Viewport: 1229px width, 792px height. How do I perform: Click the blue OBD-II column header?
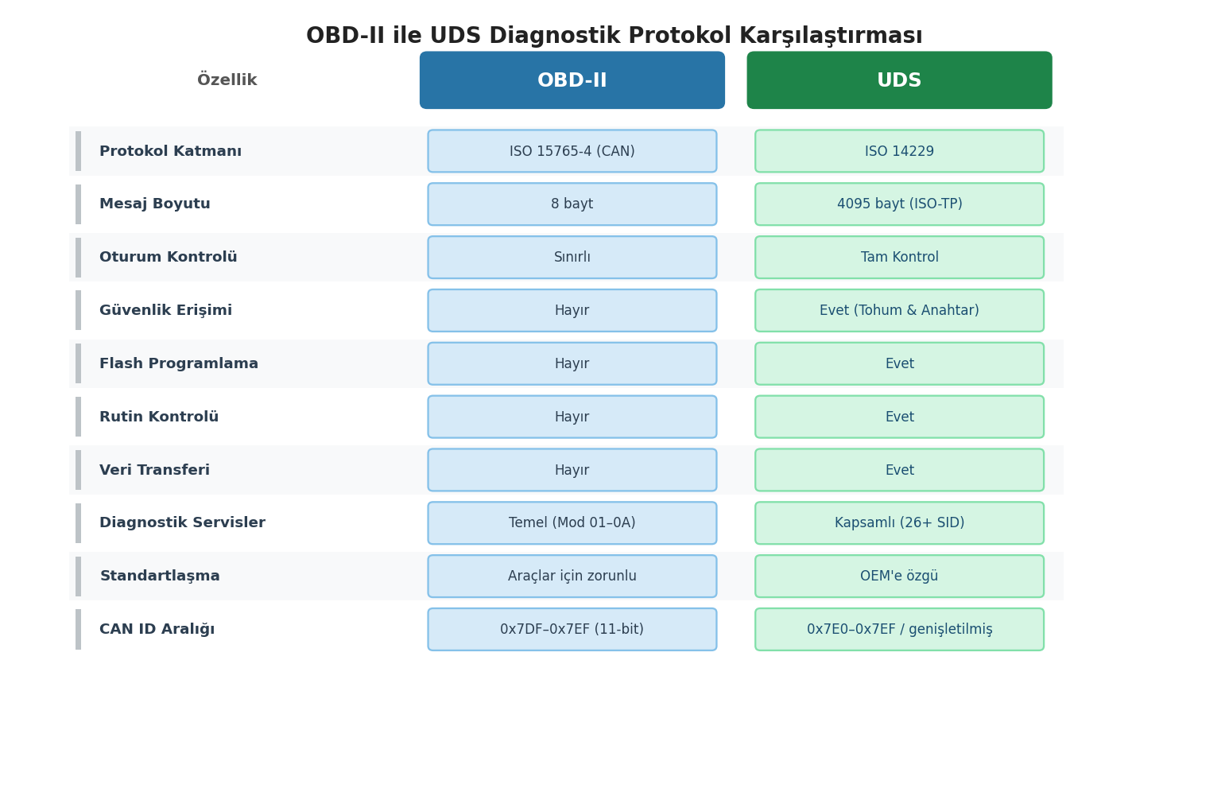tap(572, 80)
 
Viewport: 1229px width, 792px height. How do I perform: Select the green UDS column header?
tap(899, 80)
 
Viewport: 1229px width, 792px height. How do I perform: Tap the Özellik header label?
tap(227, 80)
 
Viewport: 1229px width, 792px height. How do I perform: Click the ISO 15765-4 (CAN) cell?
tap(572, 151)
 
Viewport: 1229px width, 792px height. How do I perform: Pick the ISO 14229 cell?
tap(899, 151)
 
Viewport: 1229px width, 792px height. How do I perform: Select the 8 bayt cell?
tap(572, 204)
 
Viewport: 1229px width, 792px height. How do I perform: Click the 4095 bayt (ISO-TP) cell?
tap(899, 204)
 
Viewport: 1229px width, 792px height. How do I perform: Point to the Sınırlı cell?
tap(572, 258)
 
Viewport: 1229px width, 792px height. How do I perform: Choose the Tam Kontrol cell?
tap(899, 258)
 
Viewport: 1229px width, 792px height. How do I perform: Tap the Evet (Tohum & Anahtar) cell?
tap(899, 311)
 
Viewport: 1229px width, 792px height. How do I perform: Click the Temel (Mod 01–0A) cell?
tap(572, 523)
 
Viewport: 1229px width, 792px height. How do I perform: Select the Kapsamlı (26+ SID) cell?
tap(899, 523)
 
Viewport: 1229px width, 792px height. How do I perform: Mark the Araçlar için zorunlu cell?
tap(572, 577)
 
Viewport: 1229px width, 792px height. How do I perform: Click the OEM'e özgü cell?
tap(899, 577)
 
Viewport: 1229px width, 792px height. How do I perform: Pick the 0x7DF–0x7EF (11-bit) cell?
tap(572, 630)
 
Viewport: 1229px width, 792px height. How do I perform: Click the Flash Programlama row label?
tap(179, 364)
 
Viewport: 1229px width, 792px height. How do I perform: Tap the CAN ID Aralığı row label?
tap(157, 630)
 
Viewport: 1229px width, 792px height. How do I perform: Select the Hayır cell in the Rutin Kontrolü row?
tap(572, 417)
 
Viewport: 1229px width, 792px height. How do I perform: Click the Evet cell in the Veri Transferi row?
tap(899, 471)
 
